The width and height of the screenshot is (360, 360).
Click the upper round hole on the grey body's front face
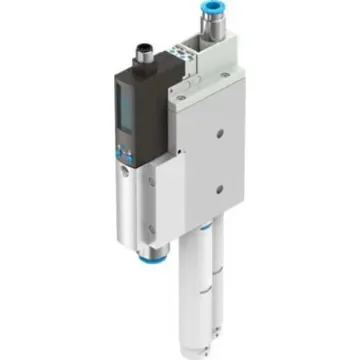(211, 128)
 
